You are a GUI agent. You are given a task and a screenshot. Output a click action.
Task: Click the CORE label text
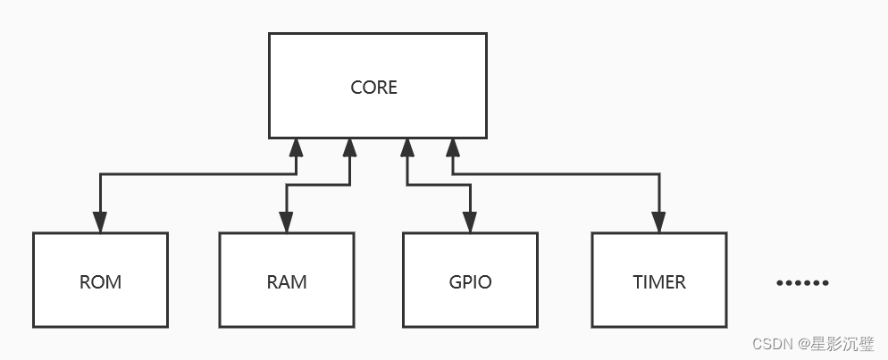373,88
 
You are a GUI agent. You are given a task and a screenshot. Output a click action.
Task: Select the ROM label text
100,282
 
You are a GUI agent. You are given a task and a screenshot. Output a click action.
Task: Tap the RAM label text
286,282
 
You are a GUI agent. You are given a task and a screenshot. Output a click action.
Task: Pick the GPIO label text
470,282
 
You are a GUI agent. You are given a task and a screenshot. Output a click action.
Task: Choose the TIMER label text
659,282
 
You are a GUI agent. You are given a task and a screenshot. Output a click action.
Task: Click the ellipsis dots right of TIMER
802,283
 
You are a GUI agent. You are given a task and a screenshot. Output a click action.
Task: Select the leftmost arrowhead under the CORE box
295,148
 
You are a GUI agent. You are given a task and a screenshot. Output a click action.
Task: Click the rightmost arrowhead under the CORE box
452,148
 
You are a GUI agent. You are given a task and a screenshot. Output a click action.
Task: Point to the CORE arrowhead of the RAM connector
350,148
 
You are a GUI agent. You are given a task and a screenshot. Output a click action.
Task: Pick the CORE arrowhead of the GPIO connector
407,148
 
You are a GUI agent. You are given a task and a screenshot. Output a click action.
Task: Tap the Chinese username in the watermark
843,344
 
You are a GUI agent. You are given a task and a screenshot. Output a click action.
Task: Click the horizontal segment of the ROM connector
197,175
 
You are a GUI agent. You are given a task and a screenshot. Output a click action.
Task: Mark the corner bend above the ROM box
100,175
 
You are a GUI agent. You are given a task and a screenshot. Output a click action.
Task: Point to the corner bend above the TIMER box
659,175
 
